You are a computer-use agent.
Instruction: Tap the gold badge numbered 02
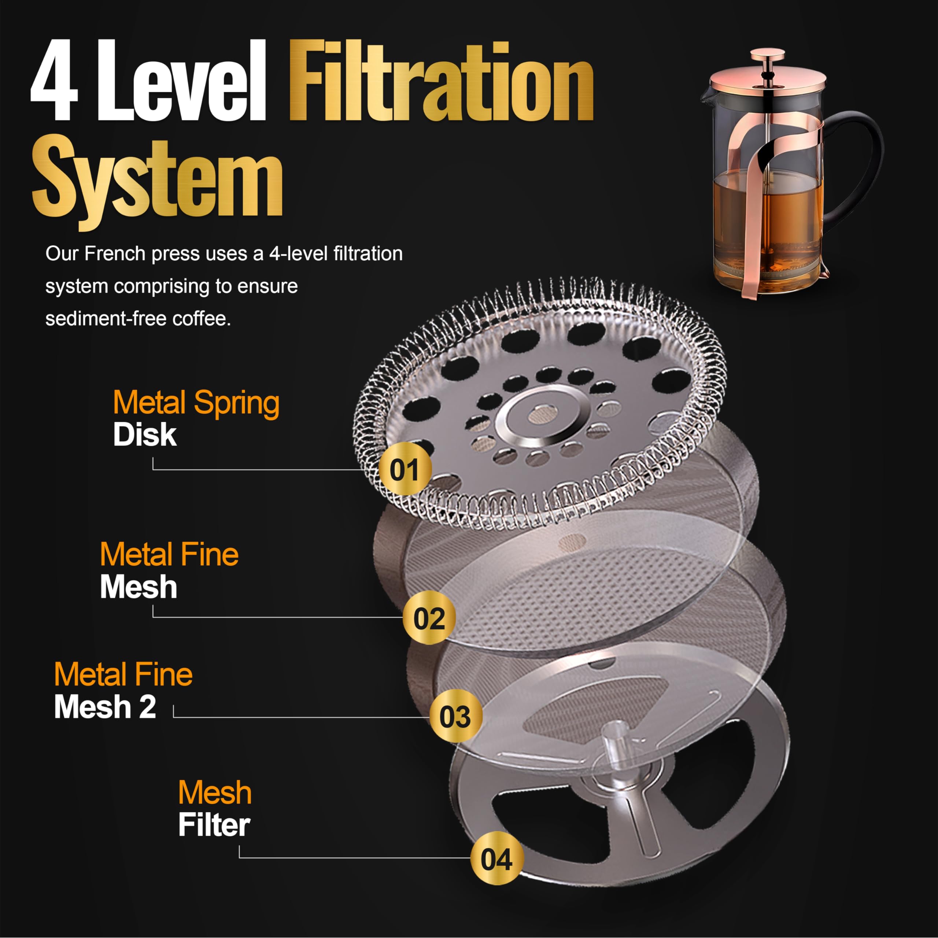pos(429,617)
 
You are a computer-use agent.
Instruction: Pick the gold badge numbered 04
pos(497,858)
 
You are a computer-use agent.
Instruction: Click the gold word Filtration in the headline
pos(441,80)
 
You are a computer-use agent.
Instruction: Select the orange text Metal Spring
pos(196,403)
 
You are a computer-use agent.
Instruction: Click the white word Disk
pos(145,435)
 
